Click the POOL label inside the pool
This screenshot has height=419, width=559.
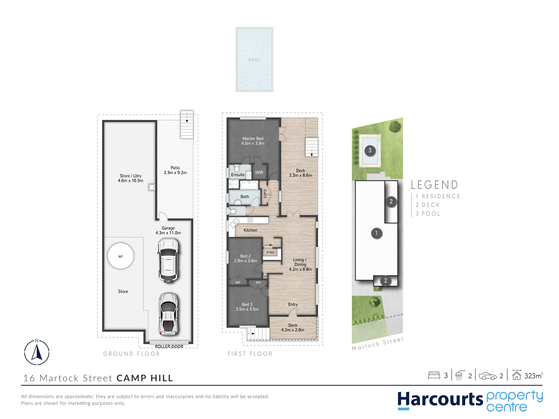click(x=254, y=60)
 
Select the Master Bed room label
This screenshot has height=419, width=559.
click(x=253, y=139)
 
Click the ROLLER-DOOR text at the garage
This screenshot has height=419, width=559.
click(x=169, y=346)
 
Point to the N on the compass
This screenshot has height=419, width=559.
click(x=37, y=341)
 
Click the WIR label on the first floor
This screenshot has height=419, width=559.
click(x=259, y=173)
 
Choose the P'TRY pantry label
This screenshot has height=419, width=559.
click(x=270, y=253)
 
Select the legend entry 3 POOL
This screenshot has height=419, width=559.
click(x=428, y=214)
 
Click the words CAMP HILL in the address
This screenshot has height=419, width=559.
click(x=145, y=378)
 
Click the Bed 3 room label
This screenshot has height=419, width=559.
click(x=247, y=305)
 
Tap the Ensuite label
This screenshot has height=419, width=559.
click(x=238, y=175)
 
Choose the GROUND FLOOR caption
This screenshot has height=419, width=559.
click(x=131, y=354)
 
